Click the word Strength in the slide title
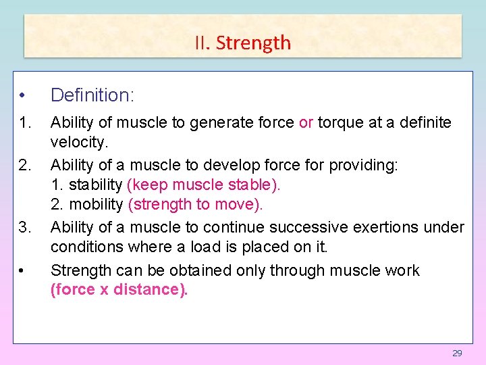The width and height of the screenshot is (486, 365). (253, 43)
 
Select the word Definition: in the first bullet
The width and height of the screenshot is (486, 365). (92, 95)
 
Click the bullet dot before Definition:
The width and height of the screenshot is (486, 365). (22, 95)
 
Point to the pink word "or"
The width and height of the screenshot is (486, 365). (306, 123)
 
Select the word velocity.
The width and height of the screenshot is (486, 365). (79, 143)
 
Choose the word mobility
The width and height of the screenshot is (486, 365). (94, 204)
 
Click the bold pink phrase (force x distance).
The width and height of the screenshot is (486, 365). (119, 291)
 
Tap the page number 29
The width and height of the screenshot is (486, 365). (457, 354)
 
